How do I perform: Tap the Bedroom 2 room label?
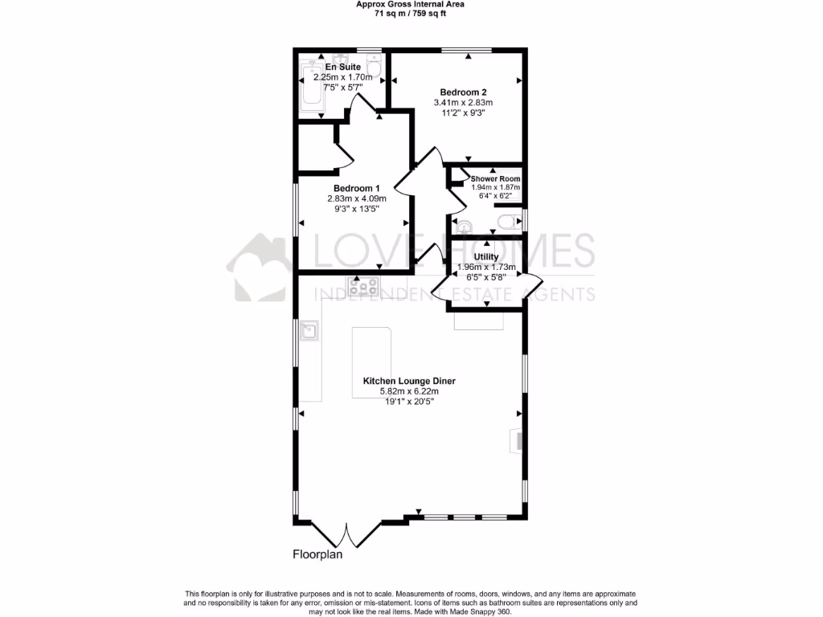point(463,92)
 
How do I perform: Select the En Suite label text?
point(338,66)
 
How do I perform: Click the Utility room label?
point(486,257)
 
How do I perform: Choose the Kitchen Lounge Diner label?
point(409,381)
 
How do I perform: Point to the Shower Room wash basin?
point(461,225)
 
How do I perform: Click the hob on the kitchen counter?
point(364,285)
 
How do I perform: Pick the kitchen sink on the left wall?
point(309,330)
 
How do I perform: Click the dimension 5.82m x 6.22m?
point(409,391)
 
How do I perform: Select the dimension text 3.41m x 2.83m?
point(463,102)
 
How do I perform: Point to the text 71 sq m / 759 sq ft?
point(411,14)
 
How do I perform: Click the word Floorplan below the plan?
point(317,554)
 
